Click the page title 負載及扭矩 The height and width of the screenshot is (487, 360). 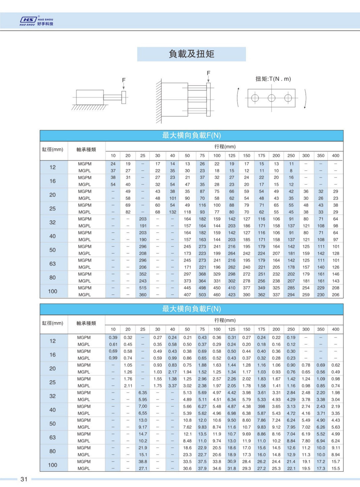[191, 54]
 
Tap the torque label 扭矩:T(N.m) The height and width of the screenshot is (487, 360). [273, 79]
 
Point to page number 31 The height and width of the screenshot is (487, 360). [24, 479]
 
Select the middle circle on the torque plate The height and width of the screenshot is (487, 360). [271, 98]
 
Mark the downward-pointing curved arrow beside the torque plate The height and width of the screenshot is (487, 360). [305, 99]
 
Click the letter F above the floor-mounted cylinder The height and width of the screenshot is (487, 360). [124, 80]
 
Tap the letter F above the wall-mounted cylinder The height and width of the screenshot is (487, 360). [208, 72]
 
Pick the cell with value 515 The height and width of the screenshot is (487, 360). [143, 288]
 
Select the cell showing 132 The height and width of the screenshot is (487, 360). [172, 212]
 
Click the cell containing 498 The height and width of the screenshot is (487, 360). [202, 288]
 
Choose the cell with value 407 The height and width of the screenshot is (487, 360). [187, 295]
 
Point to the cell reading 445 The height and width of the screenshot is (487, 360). [187, 288]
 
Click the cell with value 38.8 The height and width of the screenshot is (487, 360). [143, 462]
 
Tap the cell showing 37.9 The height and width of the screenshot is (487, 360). [202, 468]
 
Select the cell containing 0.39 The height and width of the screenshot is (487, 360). [113, 337]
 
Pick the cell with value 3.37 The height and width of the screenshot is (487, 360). [172, 386]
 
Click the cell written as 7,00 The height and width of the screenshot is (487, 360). [143, 406]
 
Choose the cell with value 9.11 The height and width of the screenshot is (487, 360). [336, 448]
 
